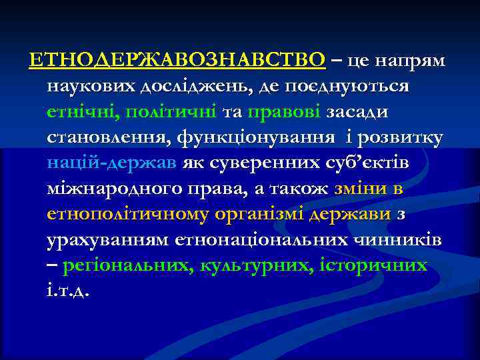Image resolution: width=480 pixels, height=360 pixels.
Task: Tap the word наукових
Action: click(91, 87)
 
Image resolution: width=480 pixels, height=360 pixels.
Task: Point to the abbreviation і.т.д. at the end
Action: click(68, 291)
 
